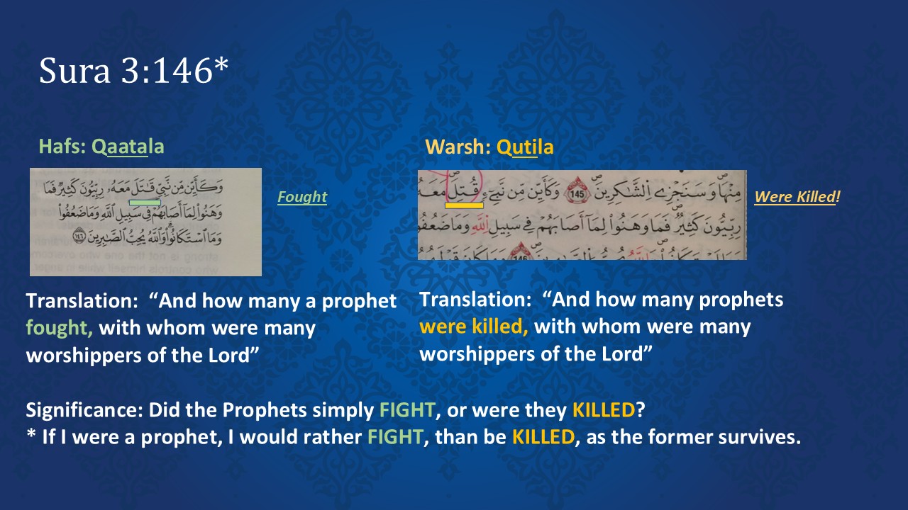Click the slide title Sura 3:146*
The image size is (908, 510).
click(133, 71)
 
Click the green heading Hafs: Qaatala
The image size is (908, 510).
click(101, 147)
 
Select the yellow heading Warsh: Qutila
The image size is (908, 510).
click(489, 147)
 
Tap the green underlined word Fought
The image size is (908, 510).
click(302, 197)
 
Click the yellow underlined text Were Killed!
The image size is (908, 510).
click(797, 197)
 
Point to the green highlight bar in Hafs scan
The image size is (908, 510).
click(150, 203)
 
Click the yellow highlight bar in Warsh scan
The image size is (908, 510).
click(464, 205)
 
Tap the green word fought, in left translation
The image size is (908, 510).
click(60, 328)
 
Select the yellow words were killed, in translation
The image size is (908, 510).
click(473, 327)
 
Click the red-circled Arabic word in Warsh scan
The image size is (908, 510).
click(464, 188)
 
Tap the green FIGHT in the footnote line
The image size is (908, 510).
click(394, 437)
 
